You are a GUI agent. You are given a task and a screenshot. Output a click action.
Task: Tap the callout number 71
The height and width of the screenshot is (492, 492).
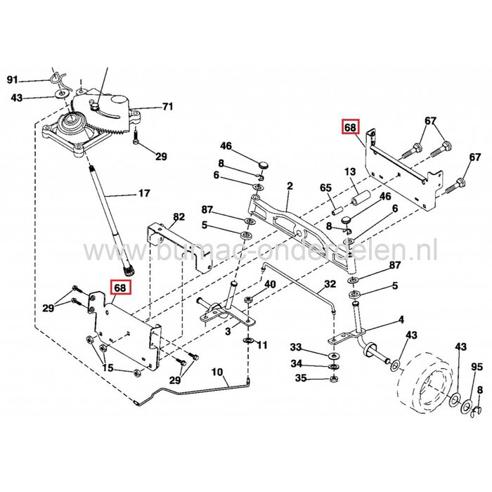pyautogui.click(x=167, y=107)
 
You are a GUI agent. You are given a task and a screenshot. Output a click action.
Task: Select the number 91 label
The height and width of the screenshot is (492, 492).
pyautogui.click(x=12, y=79)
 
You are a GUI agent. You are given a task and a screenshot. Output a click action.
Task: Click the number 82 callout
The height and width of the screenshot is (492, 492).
pyautogui.click(x=179, y=216)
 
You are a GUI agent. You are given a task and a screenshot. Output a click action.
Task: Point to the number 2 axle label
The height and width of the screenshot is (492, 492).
pyautogui.click(x=289, y=186)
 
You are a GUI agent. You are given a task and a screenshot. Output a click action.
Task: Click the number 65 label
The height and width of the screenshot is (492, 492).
pyautogui.click(x=325, y=188)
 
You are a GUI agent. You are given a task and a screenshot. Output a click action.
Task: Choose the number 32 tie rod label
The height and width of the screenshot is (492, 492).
pyautogui.click(x=330, y=285)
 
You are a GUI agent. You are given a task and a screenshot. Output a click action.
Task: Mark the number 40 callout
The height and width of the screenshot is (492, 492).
pyautogui.click(x=270, y=284)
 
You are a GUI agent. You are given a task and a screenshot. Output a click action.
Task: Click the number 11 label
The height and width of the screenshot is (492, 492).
pyautogui.click(x=262, y=345)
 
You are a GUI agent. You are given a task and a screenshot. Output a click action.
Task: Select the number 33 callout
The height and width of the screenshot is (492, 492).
pyautogui.click(x=296, y=347)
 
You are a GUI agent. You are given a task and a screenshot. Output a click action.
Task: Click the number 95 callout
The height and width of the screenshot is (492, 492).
pyautogui.click(x=477, y=367)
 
